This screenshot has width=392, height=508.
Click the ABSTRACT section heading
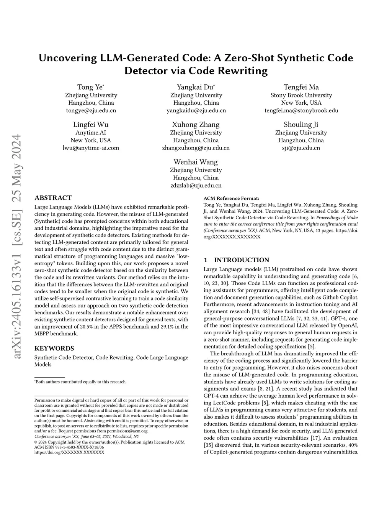click(x=53, y=198)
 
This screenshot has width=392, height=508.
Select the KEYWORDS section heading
click(x=54, y=348)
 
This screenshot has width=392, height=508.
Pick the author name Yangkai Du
click(x=196, y=87)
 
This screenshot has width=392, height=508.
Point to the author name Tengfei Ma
click(x=301, y=87)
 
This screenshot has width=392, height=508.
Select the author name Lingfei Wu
click(x=91, y=125)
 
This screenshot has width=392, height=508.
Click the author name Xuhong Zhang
click(x=196, y=125)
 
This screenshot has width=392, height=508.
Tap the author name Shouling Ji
click(x=301, y=125)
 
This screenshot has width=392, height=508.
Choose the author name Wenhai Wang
click(x=196, y=162)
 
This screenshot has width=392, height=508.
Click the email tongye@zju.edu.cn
click(x=91, y=110)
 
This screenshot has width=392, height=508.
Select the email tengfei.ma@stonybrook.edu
click(x=301, y=110)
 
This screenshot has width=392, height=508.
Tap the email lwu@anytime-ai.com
click(x=91, y=148)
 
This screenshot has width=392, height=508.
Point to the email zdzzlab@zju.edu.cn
click(x=196, y=185)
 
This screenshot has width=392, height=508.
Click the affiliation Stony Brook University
click(x=301, y=95)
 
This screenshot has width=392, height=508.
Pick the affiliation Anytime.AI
click(x=91, y=133)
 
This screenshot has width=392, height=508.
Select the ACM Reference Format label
click(x=231, y=198)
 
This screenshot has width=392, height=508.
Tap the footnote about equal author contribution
click(x=81, y=382)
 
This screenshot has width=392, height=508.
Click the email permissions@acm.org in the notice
click(x=127, y=431)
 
